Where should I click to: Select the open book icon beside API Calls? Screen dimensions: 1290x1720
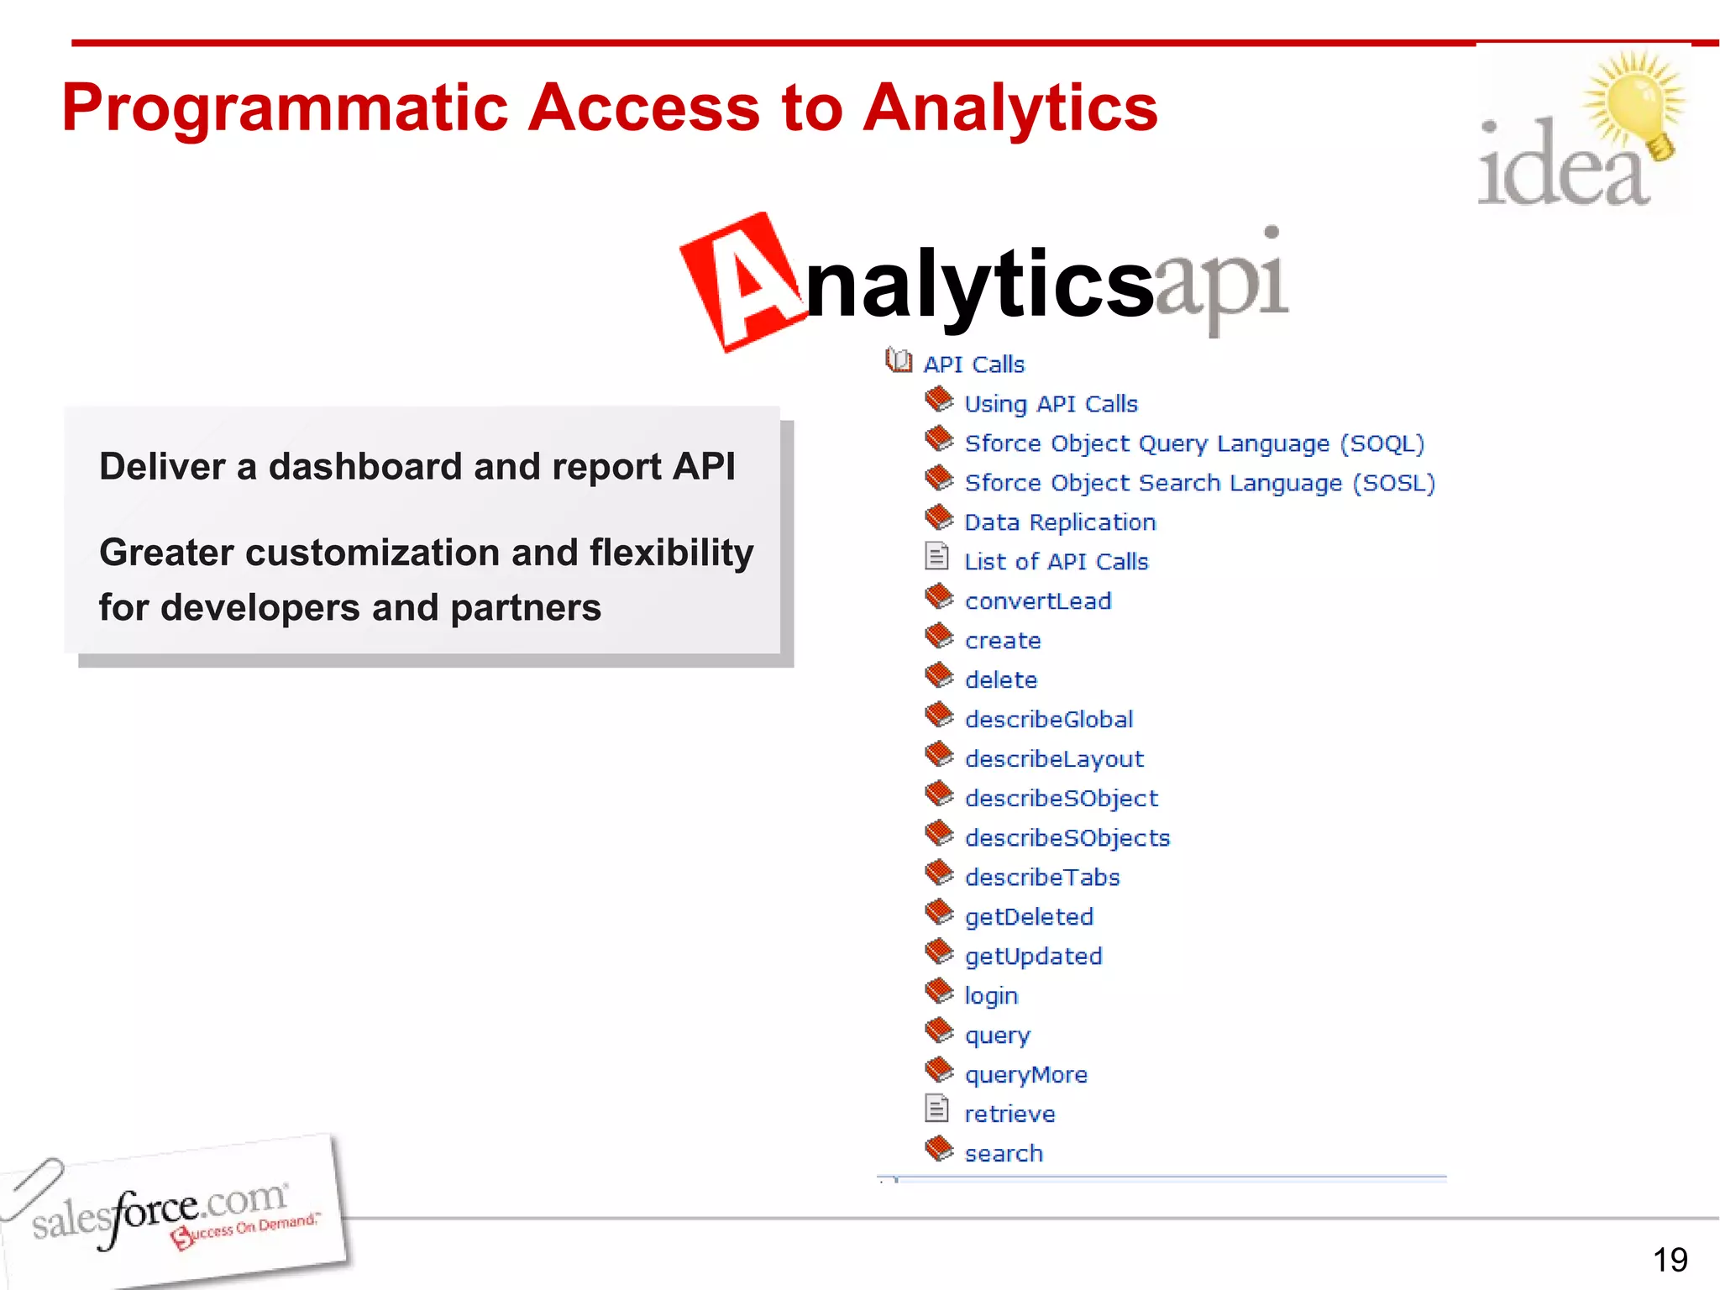[x=899, y=361]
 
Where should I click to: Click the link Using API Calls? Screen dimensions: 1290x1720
[x=1051, y=404]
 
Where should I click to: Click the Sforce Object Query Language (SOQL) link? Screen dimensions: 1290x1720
[x=1193, y=443]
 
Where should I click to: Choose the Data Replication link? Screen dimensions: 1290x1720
[x=1060, y=522]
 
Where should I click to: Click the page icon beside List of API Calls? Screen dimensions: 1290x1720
[x=936, y=557]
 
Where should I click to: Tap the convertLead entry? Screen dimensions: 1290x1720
[x=1038, y=601]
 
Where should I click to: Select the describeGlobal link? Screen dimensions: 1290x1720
[x=1049, y=720]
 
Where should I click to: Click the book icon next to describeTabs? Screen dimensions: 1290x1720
[x=939, y=873]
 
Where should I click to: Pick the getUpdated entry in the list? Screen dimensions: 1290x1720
[x=1033, y=957]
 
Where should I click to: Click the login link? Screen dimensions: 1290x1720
[x=991, y=996]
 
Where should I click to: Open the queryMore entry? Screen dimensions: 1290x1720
[x=1025, y=1075]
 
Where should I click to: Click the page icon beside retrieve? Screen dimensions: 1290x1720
[x=936, y=1109]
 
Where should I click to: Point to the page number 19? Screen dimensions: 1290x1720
[x=1670, y=1260]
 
